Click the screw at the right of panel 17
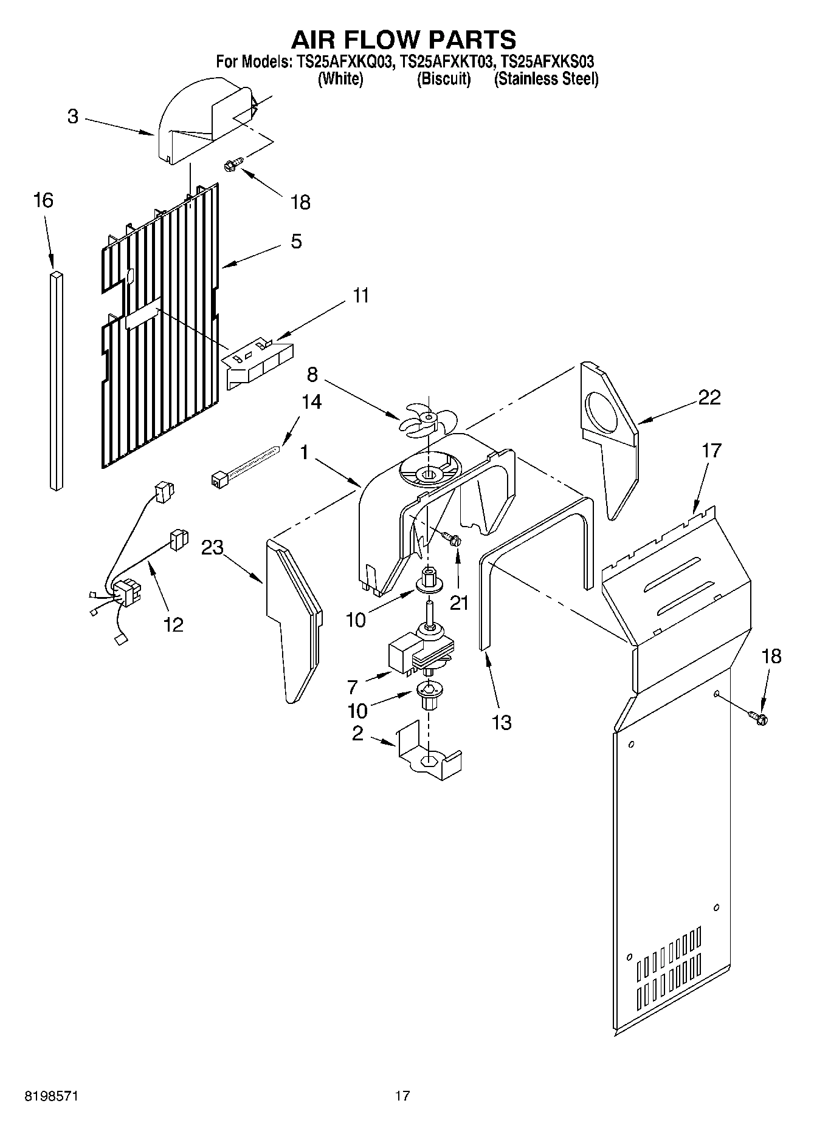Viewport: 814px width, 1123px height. pyautogui.click(x=759, y=717)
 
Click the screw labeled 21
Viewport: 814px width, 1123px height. pyautogui.click(x=452, y=537)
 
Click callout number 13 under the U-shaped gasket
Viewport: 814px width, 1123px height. pyautogui.click(x=502, y=723)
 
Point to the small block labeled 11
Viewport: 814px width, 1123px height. pyautogui.click(x=258, y=361)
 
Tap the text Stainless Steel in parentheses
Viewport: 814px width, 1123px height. pyautogui.click(x=546, y=79)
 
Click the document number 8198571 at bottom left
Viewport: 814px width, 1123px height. pyautogui.click(x=50, y=1096)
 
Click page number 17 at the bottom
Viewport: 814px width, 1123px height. pyautogui.click(x=402, y=1096)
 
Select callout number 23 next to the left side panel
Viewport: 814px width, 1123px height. pyautogui.click(x=212, y=548)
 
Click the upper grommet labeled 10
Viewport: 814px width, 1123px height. pyautogui.click(x=428, y=583)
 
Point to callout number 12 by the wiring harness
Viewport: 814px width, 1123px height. pyautogui.click(x=173, y=624)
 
